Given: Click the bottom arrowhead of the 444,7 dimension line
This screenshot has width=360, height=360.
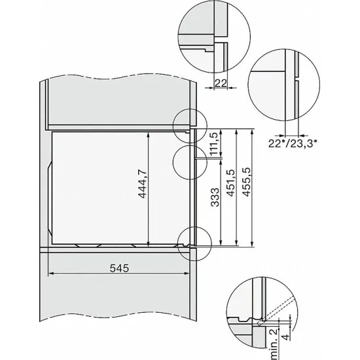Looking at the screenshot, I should coord(150,242).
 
